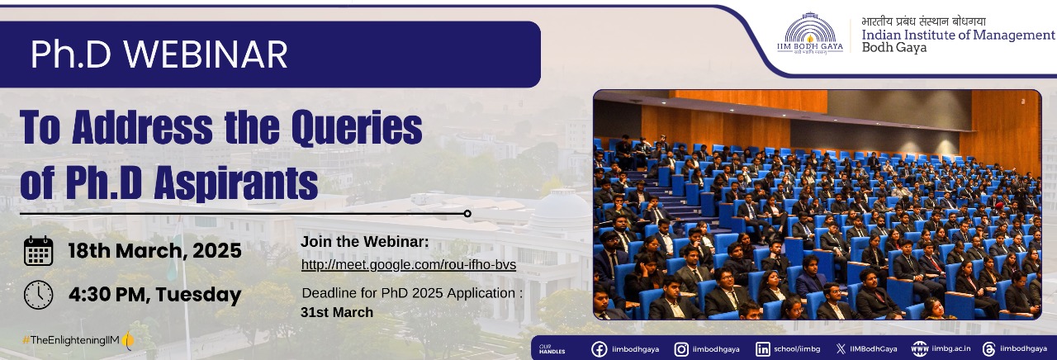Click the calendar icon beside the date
pyautogui.click(x=38, y=251)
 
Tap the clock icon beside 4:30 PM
pyautogui.click(x=38, y=295)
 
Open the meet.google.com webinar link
pyautogui.click(x=409, y=265)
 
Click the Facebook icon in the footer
pyautogui.click(x=600, y=349)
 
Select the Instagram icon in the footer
pyautogui.click(x=681, y=349)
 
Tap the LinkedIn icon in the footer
pyautogui.click(x=762, y=349)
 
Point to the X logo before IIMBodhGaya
pyautogui.click(x=841, y=349)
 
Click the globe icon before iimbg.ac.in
pyautogui.click(x=920, y=349)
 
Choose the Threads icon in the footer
pyautogui.click(x=988, y=349)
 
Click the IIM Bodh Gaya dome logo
pyautogui.click(x=810, y=33)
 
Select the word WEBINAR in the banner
pyautogui.click(x=206, y=54)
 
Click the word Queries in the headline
pyautogui.click(x=357, y=127)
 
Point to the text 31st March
pyautogui.click(x=337, y=312)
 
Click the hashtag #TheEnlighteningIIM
pyautogui.click(x=71, y=339)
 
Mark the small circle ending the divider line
pyautogui.click(x=467, y=214)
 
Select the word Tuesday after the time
pyautogui.click(x=198, y=295)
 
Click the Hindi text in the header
pyautogui.click(x=923, y=21)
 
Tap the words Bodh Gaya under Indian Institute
pyautogui.click(x=894, y=48)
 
